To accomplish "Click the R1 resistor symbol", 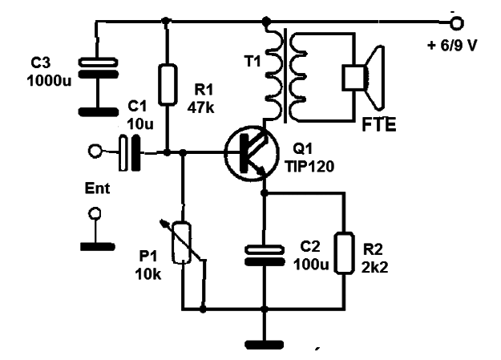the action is pos(168,85).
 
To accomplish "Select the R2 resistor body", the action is pos(344,253).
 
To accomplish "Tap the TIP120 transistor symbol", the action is pos(251,153).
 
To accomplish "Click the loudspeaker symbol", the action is pos(363,78).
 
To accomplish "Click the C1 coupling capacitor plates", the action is pos(129,153).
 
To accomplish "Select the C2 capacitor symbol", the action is pos(265,255).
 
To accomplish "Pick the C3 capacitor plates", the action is pos(99,68).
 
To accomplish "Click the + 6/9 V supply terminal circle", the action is pos(456,23).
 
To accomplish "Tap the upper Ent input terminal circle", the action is pos(95,151).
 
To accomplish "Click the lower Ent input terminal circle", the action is pos(95,213).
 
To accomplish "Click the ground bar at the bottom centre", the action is pos(265,345).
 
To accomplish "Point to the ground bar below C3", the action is pos(99,112).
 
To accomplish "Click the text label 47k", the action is pos(200,107).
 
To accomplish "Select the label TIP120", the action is pos(309,166).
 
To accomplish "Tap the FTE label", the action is pos(379,125).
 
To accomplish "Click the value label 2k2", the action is pos(375,267).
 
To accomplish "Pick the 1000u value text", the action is pos(49,80).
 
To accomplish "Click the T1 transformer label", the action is pos(252,61).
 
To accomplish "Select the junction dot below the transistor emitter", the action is pos(265,192).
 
